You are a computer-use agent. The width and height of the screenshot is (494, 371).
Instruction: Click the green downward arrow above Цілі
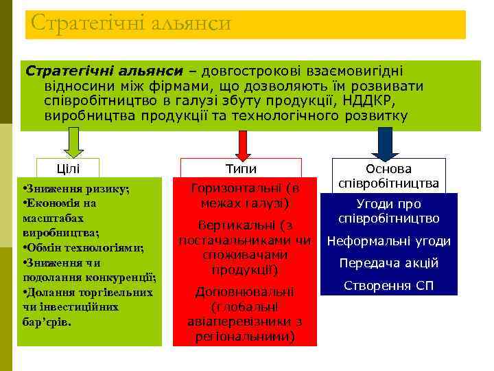74,143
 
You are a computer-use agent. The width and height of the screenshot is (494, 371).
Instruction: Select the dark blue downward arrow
385,143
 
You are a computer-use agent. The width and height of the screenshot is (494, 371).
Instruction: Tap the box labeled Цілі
68,169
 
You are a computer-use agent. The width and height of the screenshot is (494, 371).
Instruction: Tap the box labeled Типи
241,169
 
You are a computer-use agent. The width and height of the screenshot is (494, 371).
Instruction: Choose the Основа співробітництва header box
388,176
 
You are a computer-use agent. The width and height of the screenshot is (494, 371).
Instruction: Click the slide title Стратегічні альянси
131,24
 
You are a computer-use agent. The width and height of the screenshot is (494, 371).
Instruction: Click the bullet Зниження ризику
75,189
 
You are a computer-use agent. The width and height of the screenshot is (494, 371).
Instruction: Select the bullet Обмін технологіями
82,248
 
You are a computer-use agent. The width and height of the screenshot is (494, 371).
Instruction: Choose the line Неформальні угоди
388,241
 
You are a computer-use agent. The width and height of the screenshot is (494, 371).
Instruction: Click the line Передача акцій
388,263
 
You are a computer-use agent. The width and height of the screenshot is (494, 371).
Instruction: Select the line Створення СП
388,285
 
